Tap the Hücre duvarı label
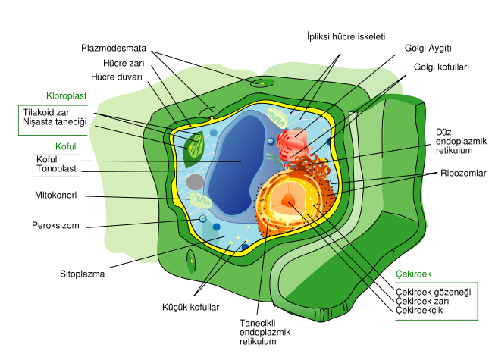tap(117, 77)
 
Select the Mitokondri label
tap(56, 196)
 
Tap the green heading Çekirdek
tap(413, 274)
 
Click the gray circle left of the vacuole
tap(196, 182)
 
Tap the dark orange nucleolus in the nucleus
tap(289, 200)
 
